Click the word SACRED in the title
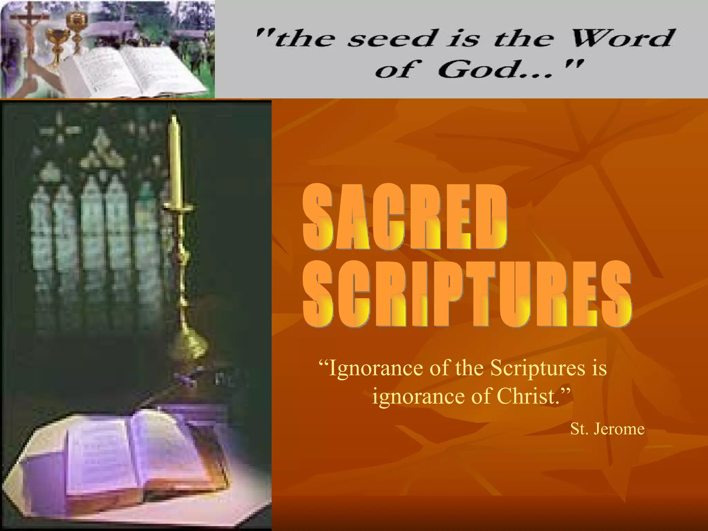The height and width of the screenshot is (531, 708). [404, 218]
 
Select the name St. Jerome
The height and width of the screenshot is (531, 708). [607, 429]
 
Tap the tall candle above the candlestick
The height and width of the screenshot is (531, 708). [174, 159]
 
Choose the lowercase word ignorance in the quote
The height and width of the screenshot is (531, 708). [418, 397]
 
